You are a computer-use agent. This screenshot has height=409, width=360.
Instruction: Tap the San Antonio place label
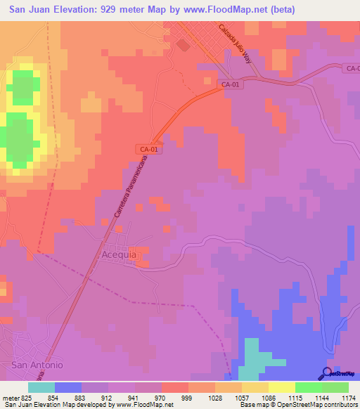tap(37, 365)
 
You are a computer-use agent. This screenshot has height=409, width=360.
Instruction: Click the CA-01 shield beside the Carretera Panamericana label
tap(146, 148)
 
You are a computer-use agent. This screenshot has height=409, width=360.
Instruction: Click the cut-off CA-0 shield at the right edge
tap(352, 68)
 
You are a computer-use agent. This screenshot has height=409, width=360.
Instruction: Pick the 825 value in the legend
tap(27, 398)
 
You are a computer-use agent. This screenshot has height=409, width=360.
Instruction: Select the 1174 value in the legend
tap(349, 398)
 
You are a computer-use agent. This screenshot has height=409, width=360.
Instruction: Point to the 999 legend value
tap(187, 398)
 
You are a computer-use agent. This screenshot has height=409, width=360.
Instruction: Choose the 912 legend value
tap(107, 398)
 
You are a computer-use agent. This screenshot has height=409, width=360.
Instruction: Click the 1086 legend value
tap(268, 398)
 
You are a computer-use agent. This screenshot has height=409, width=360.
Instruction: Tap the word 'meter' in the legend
tap(10, 398)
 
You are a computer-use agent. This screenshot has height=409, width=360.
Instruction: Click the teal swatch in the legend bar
tap(41, 387)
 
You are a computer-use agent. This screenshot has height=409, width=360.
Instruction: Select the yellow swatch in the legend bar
tap(282, 387)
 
